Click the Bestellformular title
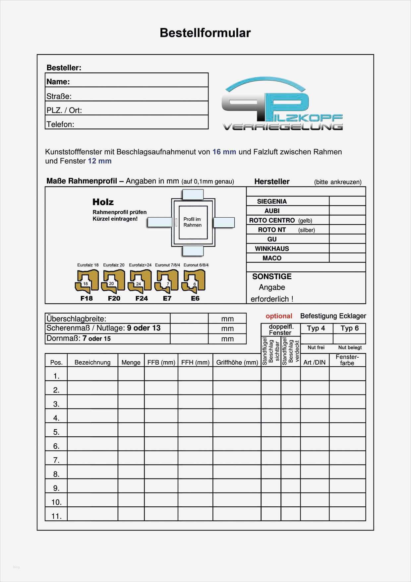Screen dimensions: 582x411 click(x=205, y=33)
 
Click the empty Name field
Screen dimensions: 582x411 click(x=138, y=81)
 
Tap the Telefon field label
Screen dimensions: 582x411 click(x=60, y=124)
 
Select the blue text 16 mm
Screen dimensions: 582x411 click(x=224, y=152)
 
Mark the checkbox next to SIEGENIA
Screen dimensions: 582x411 click(x=347, y=201)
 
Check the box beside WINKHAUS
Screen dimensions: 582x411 click(x=347, y=249)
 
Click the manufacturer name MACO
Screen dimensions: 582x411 click(x=272, y=258)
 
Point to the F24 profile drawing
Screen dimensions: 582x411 click(x=141, y=281)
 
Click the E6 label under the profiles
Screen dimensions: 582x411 click(x=195, y=298)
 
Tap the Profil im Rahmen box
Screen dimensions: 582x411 click(x=193, y=222)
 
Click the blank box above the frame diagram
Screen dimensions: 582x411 click(x=193, y=194)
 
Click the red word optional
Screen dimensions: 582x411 click(x=279, y=316)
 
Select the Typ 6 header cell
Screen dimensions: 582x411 click(x=349, y=328)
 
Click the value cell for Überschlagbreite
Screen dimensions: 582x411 click(x=189, y=319)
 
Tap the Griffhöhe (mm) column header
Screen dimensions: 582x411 click(x=237, y=362)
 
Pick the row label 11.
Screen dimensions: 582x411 click(x=56, y=516)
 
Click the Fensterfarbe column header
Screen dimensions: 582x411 click(x=347, y=360)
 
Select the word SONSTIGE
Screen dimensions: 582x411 click(x=272, y=276)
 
